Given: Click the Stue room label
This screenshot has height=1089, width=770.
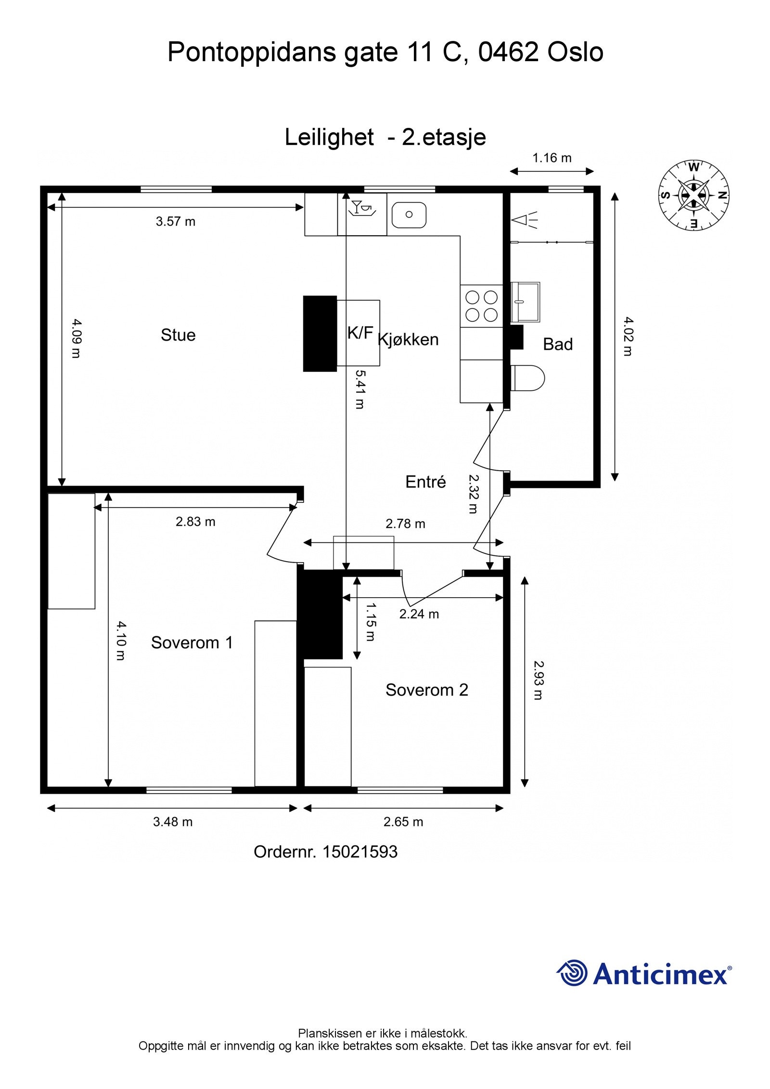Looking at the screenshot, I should point(178,335).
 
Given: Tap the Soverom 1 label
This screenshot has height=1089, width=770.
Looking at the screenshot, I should point(192,642).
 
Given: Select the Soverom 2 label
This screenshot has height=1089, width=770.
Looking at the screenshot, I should point(426,690).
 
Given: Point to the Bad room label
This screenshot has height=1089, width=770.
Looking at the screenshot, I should point(557,344).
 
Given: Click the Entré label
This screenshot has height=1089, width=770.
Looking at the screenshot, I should point(425,482).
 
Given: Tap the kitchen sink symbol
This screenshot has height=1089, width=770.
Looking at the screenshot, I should point(409,215).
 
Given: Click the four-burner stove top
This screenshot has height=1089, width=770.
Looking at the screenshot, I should point(481,306).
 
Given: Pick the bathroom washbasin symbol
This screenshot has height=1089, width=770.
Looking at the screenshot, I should point(525,301).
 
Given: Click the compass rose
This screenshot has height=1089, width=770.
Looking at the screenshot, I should point(693,195).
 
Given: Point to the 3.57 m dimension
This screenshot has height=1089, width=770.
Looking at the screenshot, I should point(175,221).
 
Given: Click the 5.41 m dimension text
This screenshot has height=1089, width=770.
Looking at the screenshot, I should point(359,389).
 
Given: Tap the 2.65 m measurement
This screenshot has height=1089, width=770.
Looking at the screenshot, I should point(403,821).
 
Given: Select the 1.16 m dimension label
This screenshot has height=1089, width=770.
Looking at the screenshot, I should point(552,158).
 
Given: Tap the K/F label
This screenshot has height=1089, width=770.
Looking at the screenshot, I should point(360,333).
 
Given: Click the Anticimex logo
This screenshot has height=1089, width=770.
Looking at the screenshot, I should point(644,974).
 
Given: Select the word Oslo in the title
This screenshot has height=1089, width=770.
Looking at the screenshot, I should point(575,52).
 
